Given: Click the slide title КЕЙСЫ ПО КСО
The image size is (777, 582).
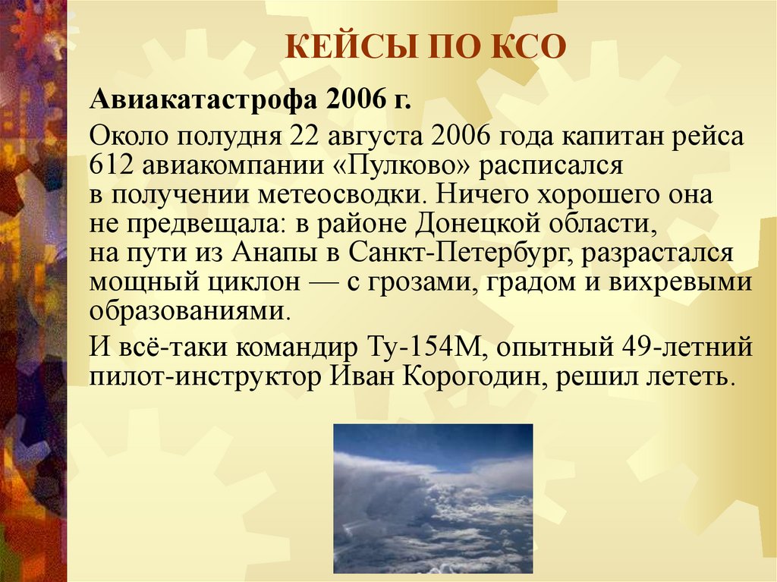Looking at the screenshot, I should pyautogui.click(x=426, y=47).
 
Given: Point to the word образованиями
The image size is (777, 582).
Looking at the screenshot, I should pyautogui.click(x=189, y=311).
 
